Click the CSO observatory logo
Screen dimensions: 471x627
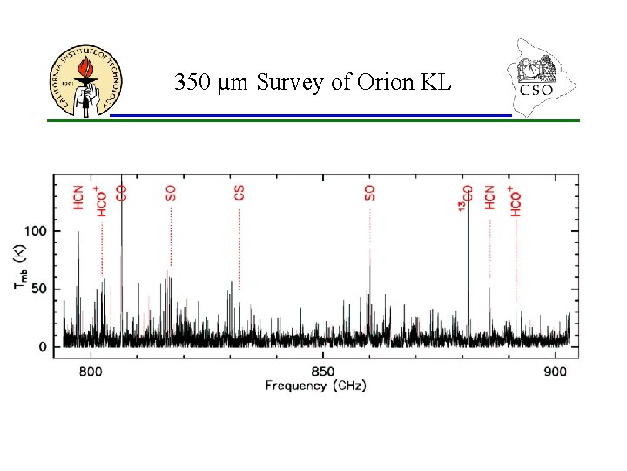539,77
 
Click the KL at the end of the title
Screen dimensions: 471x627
435,84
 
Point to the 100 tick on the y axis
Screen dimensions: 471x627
37,231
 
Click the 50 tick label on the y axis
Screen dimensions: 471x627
41,289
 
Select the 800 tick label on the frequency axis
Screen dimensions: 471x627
91,372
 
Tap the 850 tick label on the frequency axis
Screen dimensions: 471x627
322,372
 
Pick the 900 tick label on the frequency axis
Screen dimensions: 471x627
554,372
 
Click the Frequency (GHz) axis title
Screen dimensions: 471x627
315,386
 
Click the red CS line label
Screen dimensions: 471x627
239,192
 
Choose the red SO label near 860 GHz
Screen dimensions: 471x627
370,192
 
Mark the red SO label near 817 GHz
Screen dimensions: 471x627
171,192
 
